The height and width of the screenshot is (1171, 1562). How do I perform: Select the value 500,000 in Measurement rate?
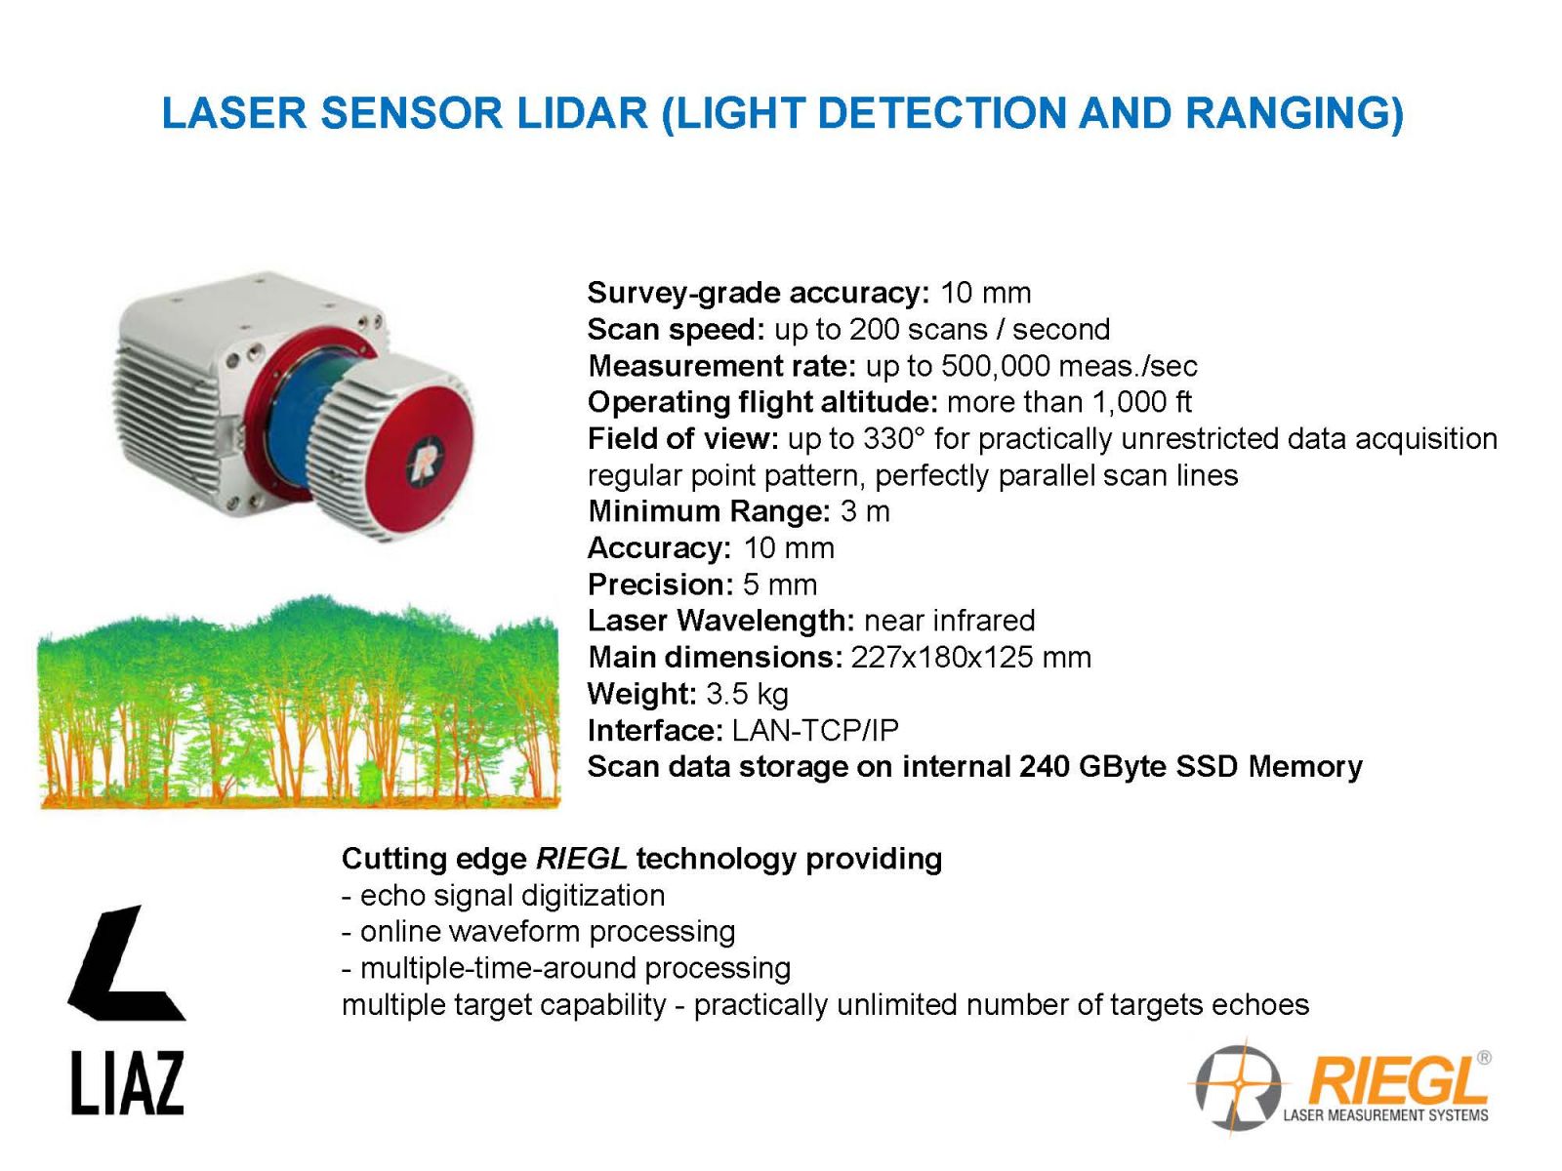coord(995,366)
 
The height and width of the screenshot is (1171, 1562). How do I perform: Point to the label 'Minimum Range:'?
coord(709,511)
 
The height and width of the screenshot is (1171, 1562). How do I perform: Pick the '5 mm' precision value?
coord(779,585)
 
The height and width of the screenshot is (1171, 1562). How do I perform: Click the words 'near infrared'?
coord(949,621)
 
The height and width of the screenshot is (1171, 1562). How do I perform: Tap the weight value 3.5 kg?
coord(747,694)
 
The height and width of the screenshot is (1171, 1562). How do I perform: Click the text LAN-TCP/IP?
coord(815,730)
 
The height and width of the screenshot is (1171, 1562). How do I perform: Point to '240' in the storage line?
coord(1044,766)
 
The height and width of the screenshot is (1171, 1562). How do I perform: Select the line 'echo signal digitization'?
coord(513,895)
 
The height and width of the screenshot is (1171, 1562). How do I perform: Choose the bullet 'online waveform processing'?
coord(548,931)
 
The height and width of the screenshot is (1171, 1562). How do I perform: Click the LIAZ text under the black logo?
coord(127,1083)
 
